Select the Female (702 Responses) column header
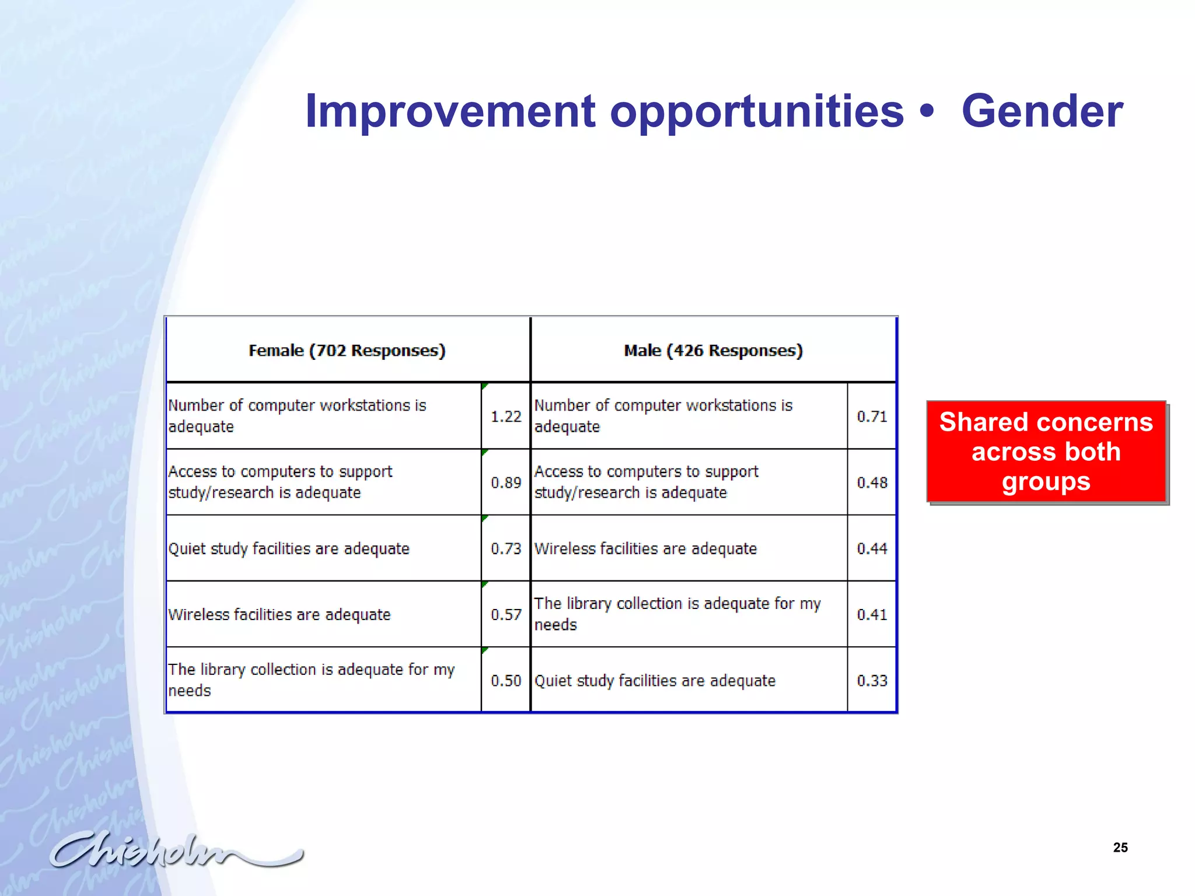[347, 350]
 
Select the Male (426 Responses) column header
[713, 350]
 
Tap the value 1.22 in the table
[505, 416]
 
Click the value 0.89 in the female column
[505, 482]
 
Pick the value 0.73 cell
[505, 548]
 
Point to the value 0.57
[505, 614]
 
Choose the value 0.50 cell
[505, 680]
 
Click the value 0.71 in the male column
[872, 416]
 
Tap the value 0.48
[872, 482]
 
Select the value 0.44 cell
[872, 548]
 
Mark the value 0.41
[872, 614]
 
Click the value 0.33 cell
[872, 680]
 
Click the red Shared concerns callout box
[1046, 452]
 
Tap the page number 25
[1120, 848]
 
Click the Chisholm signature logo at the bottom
[175, 850]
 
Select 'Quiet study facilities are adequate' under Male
[655, 681]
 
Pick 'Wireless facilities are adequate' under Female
[279, 615]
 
